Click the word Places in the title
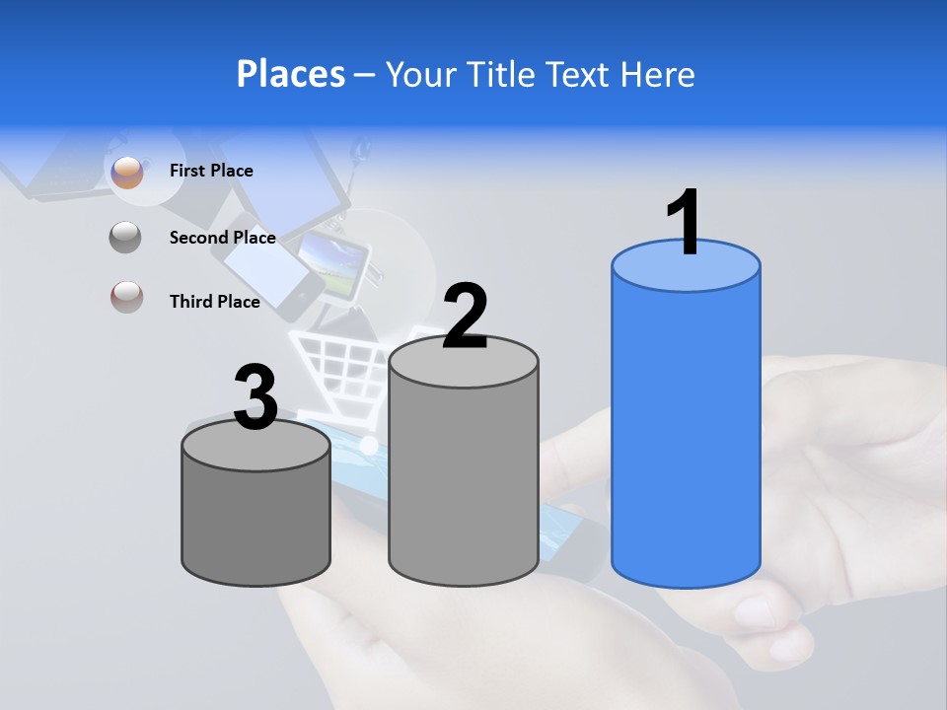291,74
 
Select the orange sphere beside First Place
127,172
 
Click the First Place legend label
211,171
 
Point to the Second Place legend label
222,237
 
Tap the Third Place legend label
215,302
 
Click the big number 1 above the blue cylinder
684,221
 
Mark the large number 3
255,398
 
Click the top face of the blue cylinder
686,266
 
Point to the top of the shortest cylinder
256,447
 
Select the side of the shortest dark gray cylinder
256,523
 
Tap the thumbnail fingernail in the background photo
758,611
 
